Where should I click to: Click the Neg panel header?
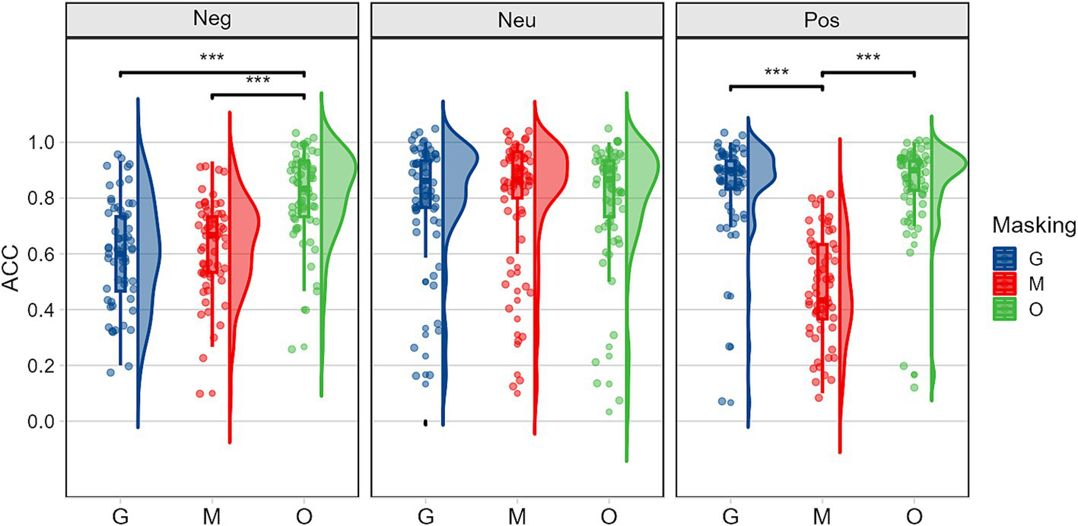(x=212, y=20)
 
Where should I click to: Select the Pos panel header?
(x=822, y=20)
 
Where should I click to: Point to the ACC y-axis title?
(x=13, y=282)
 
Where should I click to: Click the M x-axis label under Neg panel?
(x=211, y=516)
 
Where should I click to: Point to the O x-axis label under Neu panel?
(x=608, y=516)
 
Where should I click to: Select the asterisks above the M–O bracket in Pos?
(x=868, y=58)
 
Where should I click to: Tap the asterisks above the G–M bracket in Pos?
(x=776, y=72)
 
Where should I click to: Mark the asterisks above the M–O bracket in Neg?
(x=257, y=80)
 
